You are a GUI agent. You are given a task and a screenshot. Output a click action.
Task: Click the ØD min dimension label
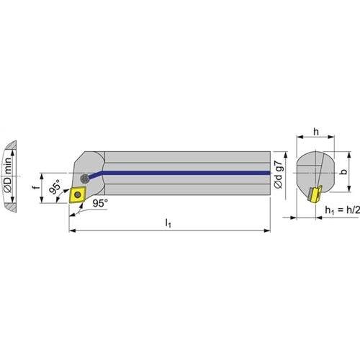[8, 175]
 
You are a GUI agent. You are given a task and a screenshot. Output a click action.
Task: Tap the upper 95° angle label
[55, 186]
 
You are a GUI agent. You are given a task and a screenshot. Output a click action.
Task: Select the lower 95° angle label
[100, 203]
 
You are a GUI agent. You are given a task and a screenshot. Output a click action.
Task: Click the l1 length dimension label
[168, 223]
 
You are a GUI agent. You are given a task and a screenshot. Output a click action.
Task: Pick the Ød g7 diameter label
[279, 174]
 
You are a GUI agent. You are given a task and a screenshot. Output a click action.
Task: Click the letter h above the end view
[316, 132]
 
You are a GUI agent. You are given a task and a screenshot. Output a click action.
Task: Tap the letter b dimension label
[344, 171]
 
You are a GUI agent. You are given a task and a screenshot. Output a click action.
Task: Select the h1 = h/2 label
[343, 210]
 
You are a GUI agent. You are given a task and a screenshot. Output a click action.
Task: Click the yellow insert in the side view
[77, 194]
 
